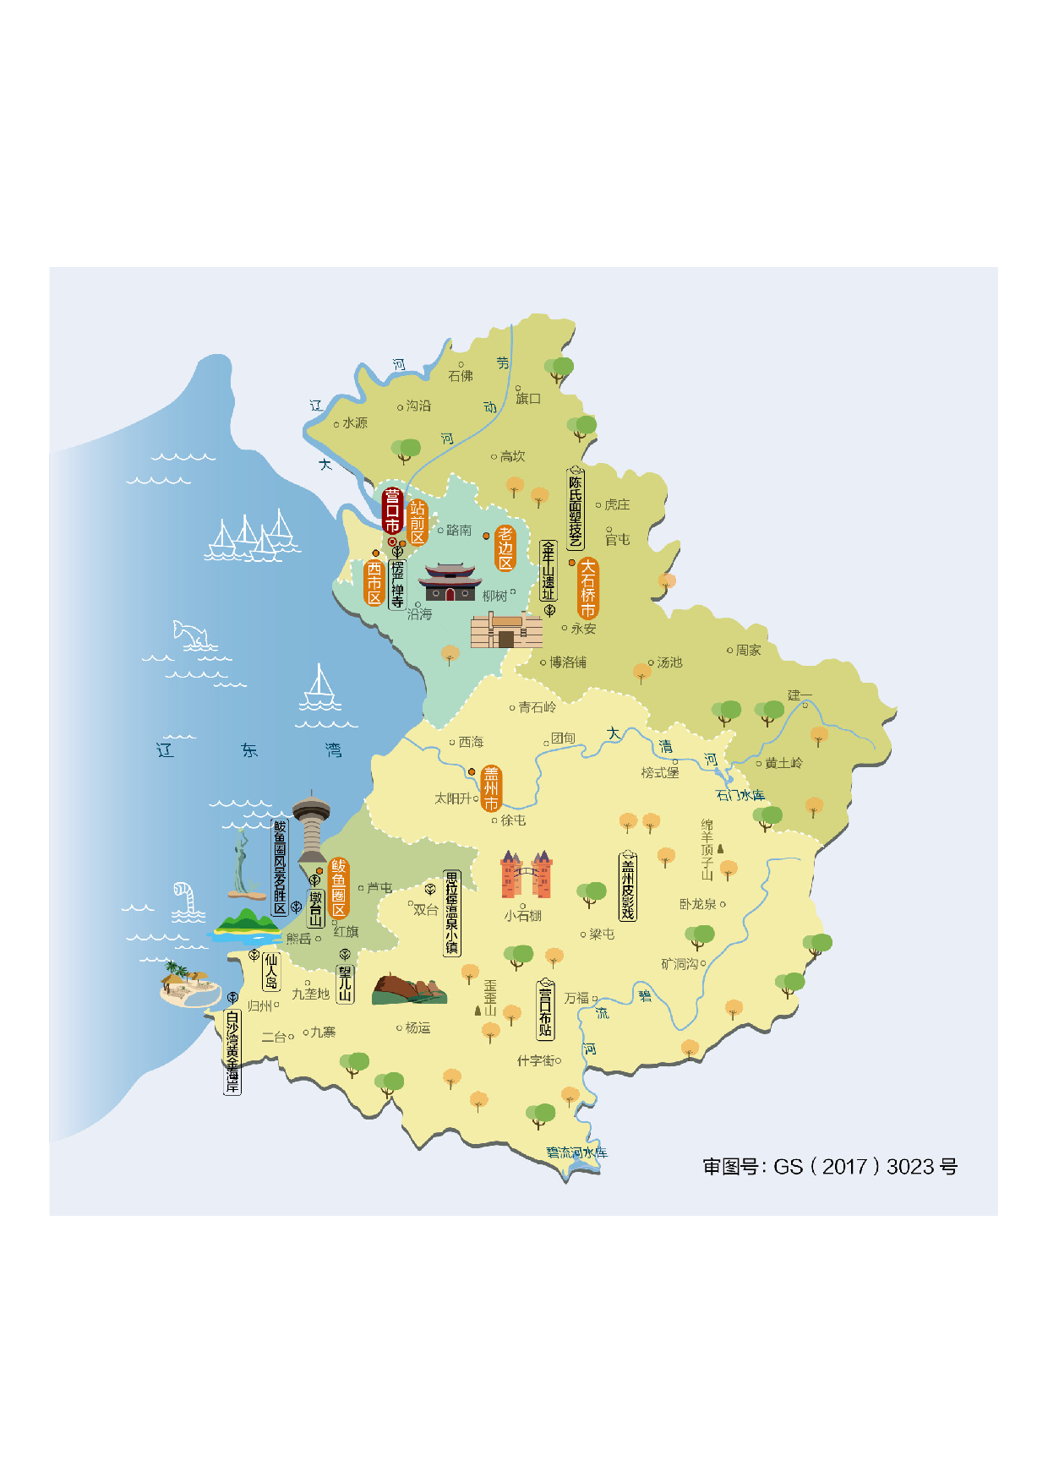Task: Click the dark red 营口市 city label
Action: click(x=392, y=509)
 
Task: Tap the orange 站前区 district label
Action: click(x=418, y=522)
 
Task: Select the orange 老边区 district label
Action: click(x=505, y=548)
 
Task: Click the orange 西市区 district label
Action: click(x=374, y=583)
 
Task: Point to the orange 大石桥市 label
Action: click(x=588, y=588)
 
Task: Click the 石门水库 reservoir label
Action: click(x=740, y=795)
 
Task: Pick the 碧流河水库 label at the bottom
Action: click(x=576, y=1152)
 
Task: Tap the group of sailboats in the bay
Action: click(x=251, y=537)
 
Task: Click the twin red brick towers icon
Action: click(x=527, y=874)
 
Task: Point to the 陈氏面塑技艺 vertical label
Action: click(x=576, y=508)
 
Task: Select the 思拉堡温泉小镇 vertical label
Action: click(x=452, y=913)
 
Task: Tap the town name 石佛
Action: click(x=461, y=376)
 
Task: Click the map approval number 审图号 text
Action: click(x=830, y=1167)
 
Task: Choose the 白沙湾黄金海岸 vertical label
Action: click(x=232, y=1051)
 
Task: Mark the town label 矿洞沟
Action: click(x=680, y=963)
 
